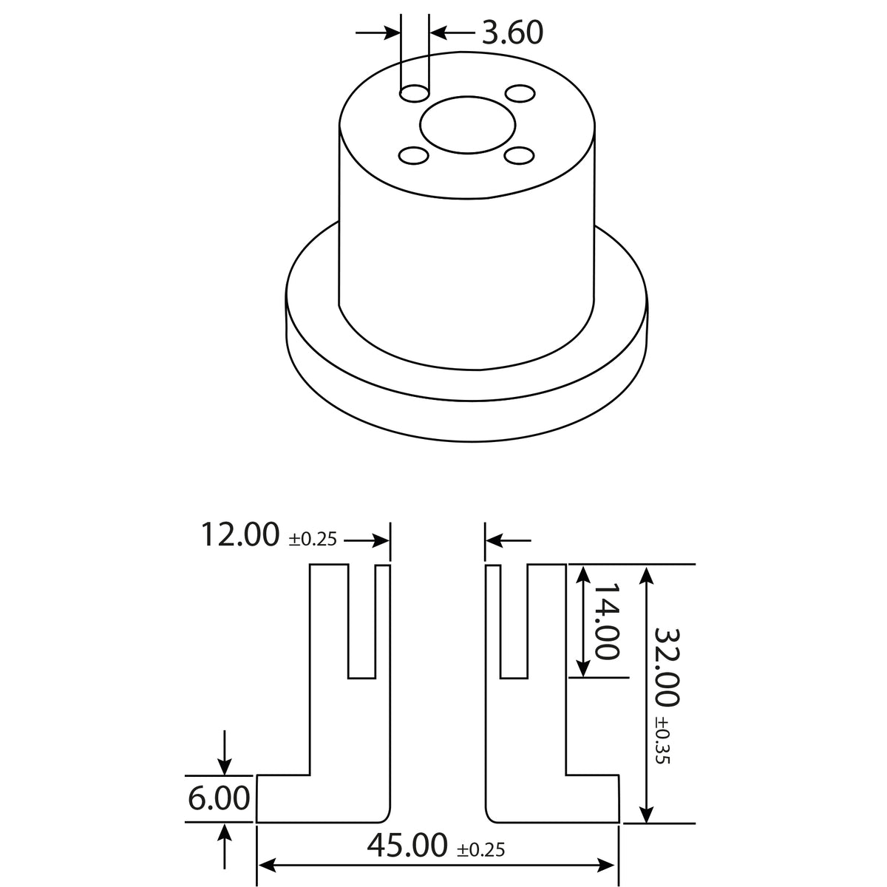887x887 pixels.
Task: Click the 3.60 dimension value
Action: click(x=512, y=33)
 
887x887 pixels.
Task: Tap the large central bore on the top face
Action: click(x=468, y=125)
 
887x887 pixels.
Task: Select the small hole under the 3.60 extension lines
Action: click(x=415, y=94)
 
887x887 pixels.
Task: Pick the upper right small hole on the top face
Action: click(x=520, y=93)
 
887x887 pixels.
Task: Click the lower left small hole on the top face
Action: click(x=413, y=155)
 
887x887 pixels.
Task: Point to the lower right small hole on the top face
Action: click(x=518, y=155)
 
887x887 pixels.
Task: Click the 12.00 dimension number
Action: click(x=240, y=534)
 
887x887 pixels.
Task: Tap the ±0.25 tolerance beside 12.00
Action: click(x=313, y=539)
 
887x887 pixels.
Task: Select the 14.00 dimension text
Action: click(x=607, y=621)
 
